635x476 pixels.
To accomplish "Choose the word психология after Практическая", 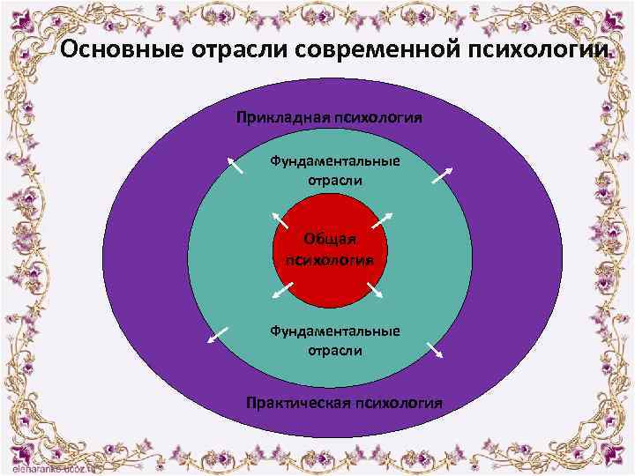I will [398, 403].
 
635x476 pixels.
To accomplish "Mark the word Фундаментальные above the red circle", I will [334, 161].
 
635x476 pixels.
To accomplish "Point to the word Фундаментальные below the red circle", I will [334, 331].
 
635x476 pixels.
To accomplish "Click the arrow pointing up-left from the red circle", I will [280, 219].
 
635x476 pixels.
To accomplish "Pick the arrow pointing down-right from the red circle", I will [373, 289].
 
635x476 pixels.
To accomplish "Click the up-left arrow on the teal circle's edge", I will [235, 167].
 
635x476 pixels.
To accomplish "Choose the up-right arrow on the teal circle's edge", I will [444, 175].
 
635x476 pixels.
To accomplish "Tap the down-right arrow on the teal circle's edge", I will [435, 350].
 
